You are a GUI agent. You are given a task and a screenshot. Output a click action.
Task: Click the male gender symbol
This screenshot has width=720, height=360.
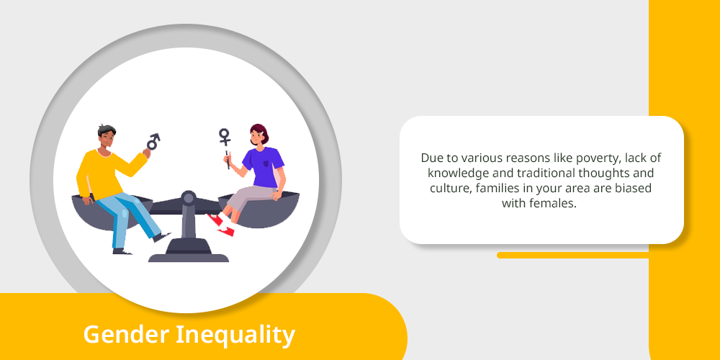(x=153, y=141)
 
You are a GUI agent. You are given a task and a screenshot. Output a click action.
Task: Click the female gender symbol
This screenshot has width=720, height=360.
(x=225, y=137)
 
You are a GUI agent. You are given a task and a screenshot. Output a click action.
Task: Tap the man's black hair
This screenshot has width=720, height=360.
(x=107, y=130)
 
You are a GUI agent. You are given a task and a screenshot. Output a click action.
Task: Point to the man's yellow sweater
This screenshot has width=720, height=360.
(x=107, y=173)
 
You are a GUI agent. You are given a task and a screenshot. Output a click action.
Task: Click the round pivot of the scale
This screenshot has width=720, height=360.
(x=188, y=198)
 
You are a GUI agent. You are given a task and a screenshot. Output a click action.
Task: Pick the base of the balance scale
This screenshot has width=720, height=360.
(x=188, y=252)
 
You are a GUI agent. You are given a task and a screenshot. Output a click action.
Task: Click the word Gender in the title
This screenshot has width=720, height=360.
(x=126, y=334)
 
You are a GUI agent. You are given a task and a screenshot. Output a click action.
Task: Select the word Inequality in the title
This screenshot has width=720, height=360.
(x=235, y=334)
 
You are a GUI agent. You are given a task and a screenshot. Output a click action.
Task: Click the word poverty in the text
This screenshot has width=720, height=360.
(x=589, y=158)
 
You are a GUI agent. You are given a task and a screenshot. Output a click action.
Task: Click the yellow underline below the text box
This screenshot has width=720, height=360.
(x=572, y=255)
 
